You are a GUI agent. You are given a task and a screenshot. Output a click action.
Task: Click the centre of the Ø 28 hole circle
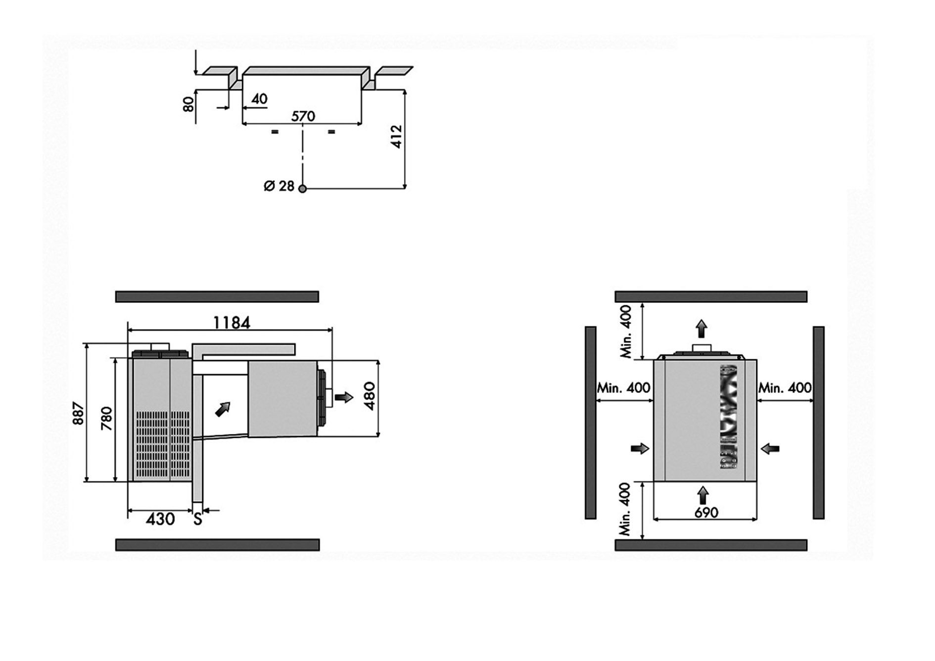point(303,189)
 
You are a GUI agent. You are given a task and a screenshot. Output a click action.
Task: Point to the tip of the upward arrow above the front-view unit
point(701,319)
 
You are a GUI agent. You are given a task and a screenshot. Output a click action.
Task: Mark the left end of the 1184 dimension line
point(128,330)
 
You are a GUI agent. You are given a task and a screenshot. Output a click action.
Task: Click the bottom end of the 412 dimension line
point(405,189)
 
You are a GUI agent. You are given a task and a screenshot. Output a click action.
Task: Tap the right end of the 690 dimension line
point(757,519)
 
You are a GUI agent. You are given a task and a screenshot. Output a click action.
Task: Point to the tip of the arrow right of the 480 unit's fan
point(354,397)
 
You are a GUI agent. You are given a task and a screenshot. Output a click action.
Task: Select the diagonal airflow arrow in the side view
point(223,409)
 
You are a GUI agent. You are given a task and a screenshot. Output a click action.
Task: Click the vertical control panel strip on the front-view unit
point(728,417)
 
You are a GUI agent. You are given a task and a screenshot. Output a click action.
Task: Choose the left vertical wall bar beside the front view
point(590,423)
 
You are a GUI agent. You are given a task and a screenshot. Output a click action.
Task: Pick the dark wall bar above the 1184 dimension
point(217,296)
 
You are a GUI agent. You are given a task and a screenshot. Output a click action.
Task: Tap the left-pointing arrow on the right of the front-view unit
point(770,449)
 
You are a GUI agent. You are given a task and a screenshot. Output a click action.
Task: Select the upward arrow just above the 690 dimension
point(702,495)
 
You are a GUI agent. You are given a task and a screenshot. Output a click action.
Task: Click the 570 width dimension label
point(303,116)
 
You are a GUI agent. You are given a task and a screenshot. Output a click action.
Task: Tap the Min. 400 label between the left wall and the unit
point(624,387)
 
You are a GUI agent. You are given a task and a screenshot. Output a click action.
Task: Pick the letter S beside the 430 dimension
point(197,519)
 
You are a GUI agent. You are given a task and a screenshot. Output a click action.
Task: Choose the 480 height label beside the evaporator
point(370,396)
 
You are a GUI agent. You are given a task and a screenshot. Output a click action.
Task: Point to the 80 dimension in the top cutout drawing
point(188,104)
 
